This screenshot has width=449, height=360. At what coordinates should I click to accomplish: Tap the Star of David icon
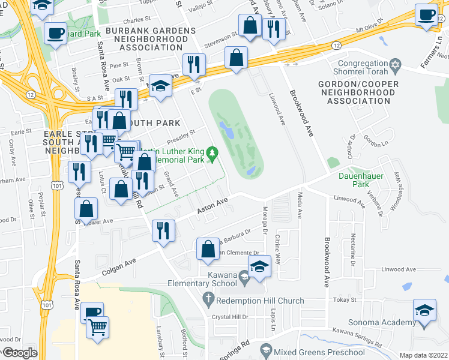(x=395, y=64)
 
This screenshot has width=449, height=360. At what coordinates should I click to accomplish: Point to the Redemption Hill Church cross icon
(x=208, y=298)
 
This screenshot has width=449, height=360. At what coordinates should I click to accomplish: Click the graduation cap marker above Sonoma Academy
(x=424, y=312)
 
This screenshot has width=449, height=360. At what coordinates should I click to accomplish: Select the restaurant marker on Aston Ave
(x=164, y=230)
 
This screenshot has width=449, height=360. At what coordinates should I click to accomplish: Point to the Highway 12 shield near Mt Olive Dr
(x=334, y=45)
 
